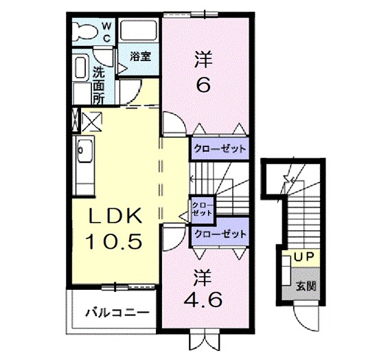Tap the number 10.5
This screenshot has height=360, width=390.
tap(114, 241)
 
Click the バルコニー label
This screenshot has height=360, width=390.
tap(117, 313)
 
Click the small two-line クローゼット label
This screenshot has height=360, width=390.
tap(203, 208)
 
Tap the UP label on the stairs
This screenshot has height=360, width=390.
tap(303, 257)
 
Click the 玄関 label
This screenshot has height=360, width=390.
tap(302, 286)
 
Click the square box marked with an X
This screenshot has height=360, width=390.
tap(91, 122)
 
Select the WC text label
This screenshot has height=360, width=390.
tap(106, 32)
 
